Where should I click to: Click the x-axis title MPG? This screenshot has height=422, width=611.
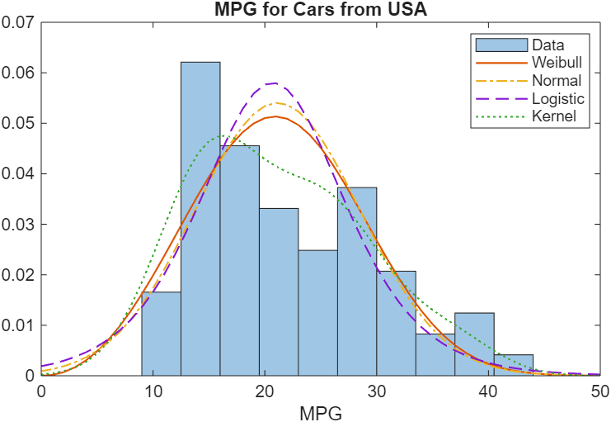321,410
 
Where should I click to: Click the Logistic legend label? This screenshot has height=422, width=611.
558,99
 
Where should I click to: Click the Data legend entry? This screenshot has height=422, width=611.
548,45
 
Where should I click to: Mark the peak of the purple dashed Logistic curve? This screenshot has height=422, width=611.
275,83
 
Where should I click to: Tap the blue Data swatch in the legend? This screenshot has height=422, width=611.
500,45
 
